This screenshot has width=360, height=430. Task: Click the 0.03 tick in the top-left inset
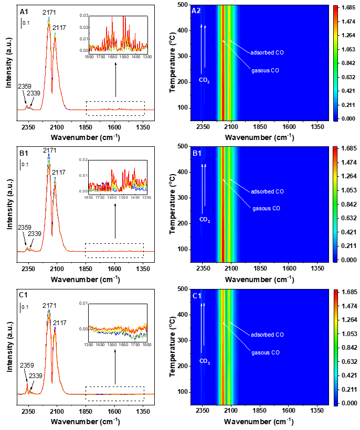84,16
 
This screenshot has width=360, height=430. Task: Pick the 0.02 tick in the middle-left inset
84,158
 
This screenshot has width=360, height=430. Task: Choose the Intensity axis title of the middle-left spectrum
8,202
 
